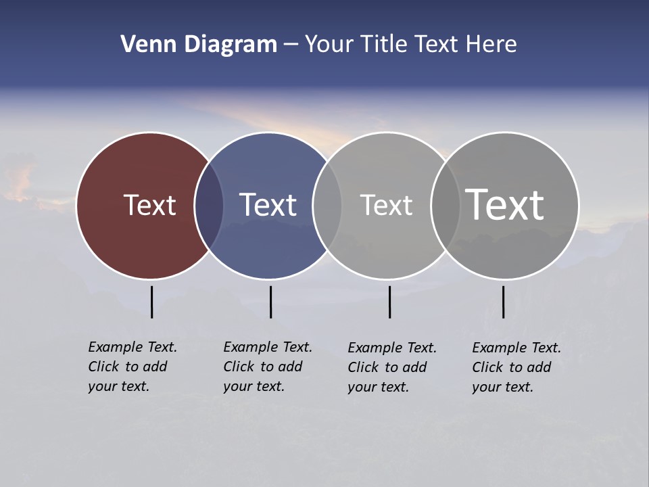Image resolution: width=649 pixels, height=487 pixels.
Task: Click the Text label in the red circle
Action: pos(149,205)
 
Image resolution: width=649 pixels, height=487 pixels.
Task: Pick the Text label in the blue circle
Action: pos(268,205)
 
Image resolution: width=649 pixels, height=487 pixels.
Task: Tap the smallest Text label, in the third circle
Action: pos(386,205)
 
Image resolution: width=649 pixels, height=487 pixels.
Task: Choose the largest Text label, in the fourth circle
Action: pos(505,204)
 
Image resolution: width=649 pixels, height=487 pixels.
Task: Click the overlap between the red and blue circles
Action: pos(209,206)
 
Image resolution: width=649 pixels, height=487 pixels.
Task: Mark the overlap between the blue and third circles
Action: pos(327,206)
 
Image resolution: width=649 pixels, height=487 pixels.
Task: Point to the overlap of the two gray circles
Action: pos(446,206)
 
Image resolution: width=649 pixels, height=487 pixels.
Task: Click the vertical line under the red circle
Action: pos(151,302)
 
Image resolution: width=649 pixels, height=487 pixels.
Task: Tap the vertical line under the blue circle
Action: pos(270,302)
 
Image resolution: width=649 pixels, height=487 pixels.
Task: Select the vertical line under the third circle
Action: pos(389,302)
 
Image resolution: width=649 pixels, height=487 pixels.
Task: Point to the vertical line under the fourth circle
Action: pos(503,302)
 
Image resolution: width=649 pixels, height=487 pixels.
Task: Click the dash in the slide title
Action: pos(291,45)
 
